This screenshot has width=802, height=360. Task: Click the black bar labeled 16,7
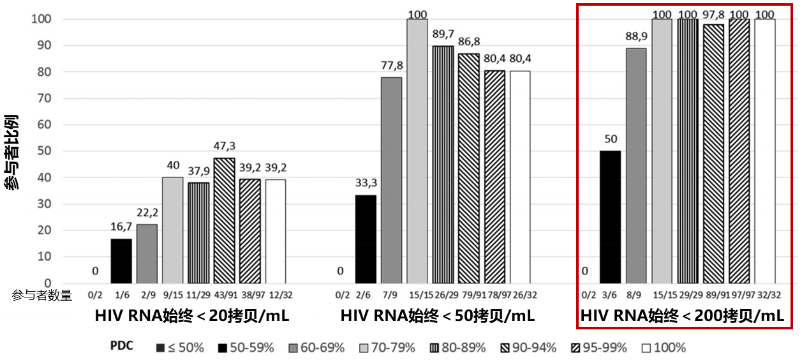point(121,261)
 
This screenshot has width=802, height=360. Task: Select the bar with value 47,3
point(224,221)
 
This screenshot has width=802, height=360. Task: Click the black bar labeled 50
point(610,217)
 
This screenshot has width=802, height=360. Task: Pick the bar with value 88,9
point(636,166)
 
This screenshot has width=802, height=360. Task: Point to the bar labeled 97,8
point(713,154)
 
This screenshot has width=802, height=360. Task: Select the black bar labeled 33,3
point(366,239)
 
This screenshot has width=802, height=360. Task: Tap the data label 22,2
point(147,213)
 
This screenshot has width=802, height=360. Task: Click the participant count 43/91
point(224,295)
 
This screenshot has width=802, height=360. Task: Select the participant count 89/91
point(713,295)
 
